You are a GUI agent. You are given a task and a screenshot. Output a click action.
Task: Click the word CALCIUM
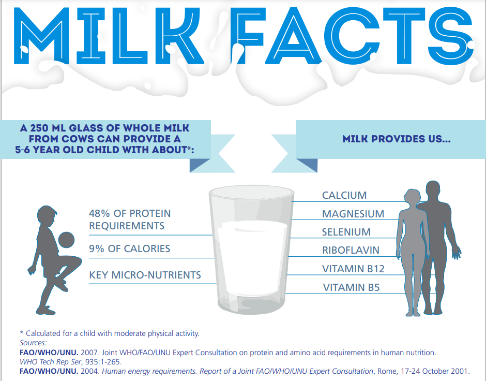point(344,195)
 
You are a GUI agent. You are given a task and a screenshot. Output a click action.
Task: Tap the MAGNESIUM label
point(353,214)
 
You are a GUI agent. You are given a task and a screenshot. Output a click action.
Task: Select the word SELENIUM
point(346,232)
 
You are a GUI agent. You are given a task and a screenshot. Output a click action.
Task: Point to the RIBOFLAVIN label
point(351,250)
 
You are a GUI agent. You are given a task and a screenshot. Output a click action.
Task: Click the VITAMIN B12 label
point(353,269)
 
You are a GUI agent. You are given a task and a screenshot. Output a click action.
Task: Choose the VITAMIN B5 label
point(351,287)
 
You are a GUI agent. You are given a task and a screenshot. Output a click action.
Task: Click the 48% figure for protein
point(99,213)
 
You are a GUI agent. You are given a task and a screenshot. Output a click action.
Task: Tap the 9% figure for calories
point(96,248)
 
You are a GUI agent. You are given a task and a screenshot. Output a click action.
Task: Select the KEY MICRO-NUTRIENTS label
point(145,275)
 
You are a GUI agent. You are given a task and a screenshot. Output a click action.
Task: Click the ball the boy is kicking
point(66,240)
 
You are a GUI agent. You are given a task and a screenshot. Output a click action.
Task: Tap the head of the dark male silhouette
point(433,190)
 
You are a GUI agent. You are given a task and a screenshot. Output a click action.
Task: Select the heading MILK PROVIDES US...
point(397,139)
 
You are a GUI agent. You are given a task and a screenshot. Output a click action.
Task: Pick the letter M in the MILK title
point(41,36)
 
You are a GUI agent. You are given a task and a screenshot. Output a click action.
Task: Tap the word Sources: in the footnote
point(33,343)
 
